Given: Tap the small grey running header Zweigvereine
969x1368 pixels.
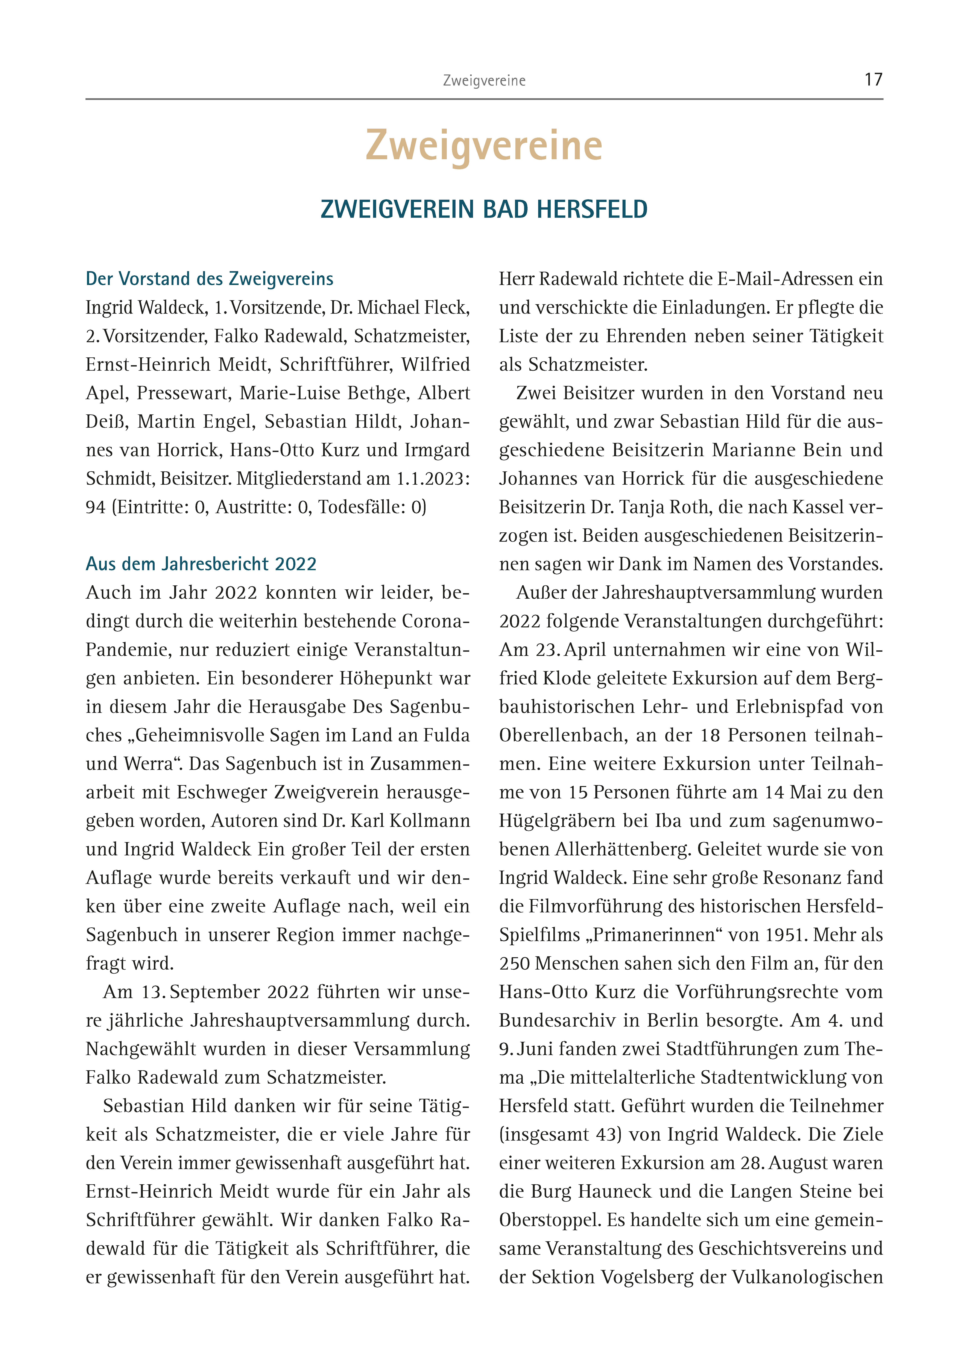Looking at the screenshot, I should (x=484, y=81).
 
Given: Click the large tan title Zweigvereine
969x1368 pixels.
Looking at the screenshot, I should (x=484, y=146).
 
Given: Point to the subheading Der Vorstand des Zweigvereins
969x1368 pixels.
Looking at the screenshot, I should (x=209, y=279).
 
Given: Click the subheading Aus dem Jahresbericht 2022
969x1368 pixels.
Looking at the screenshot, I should (x=201, y=564).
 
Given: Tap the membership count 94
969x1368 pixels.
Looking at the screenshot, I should (x=96, y=507).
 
